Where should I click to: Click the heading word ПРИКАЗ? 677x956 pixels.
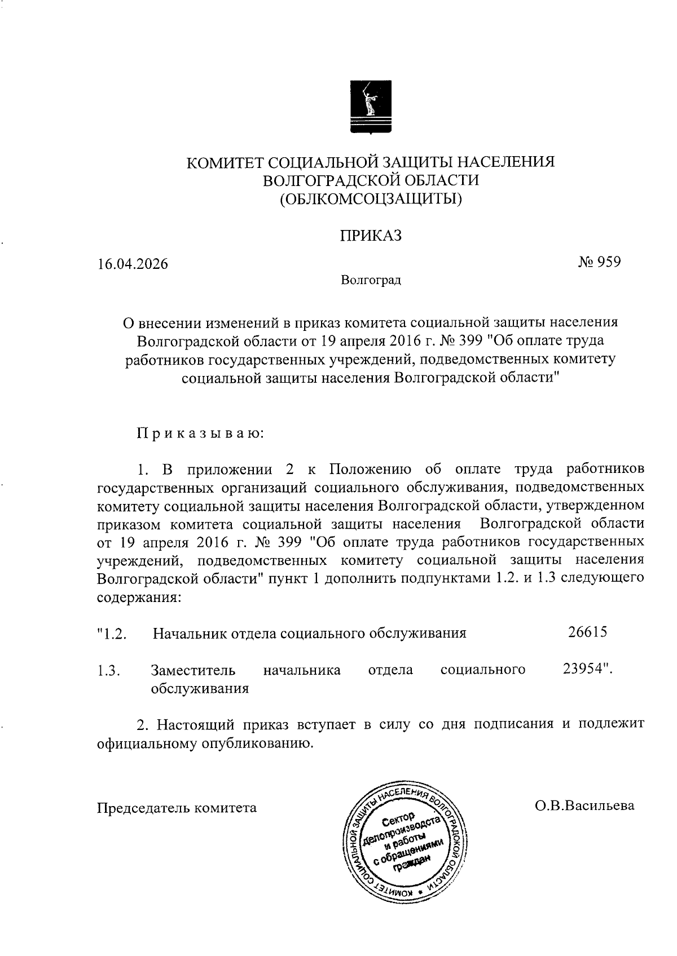point(370,236)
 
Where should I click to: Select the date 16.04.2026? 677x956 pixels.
point(133,264)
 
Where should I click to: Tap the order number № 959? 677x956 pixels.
point(599,262)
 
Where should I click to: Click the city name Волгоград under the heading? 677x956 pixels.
point(371,280)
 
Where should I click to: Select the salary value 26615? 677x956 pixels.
point(587,632)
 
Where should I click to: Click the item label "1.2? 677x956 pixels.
point(111,634)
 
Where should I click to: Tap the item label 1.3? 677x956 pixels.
point(108,671)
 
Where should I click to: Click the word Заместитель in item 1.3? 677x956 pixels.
point(193,670)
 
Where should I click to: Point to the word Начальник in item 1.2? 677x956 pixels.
point(190,633)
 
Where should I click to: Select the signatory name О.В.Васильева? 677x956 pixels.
point(584,805)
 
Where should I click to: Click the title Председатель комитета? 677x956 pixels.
point(177,808)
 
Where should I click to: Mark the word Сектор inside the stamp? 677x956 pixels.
point(398,818)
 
